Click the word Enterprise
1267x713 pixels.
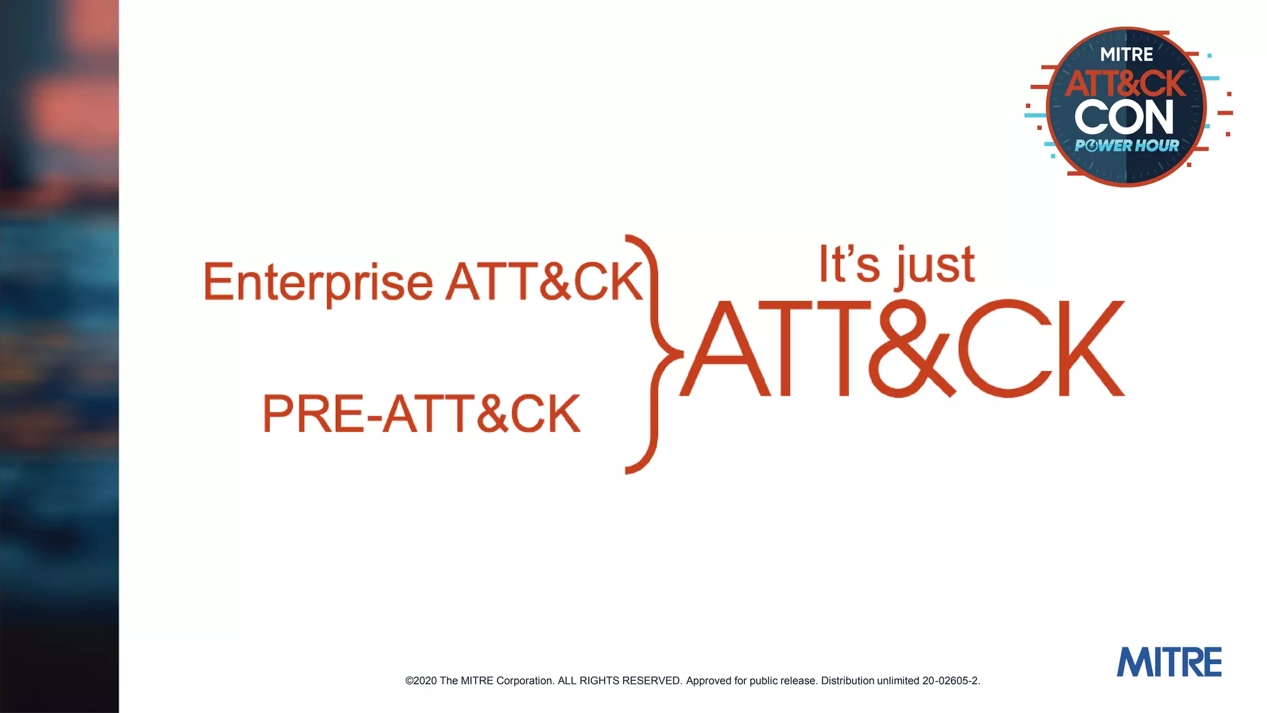(318, 282)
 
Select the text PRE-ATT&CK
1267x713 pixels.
(421, 413)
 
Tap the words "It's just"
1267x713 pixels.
(896, 265)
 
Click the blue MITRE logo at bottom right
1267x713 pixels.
(1169, 662)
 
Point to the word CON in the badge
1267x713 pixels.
(1124, 117)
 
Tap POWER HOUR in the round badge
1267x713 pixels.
(1127, 146)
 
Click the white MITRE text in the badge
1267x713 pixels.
(1127, 54)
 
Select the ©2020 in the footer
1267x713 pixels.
(421, 681)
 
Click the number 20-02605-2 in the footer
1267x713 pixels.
(950, 681)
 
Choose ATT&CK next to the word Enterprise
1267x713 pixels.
(544, 282)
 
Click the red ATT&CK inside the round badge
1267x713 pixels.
(1125, 84)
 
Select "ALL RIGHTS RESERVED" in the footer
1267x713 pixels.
(620, 681)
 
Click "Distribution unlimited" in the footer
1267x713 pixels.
(870, 681)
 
